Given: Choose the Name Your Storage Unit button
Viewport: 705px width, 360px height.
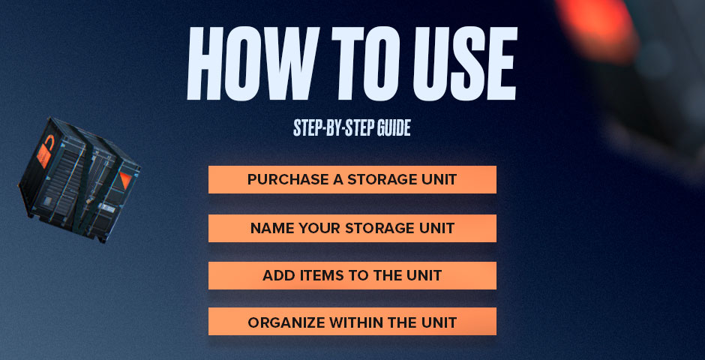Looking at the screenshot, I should click(352, 228).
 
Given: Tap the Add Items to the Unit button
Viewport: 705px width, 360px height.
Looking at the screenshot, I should click(352, 275).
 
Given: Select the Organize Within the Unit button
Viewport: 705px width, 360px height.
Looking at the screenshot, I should click(352, 322).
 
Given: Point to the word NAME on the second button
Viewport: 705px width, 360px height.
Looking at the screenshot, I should click(271, 228).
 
